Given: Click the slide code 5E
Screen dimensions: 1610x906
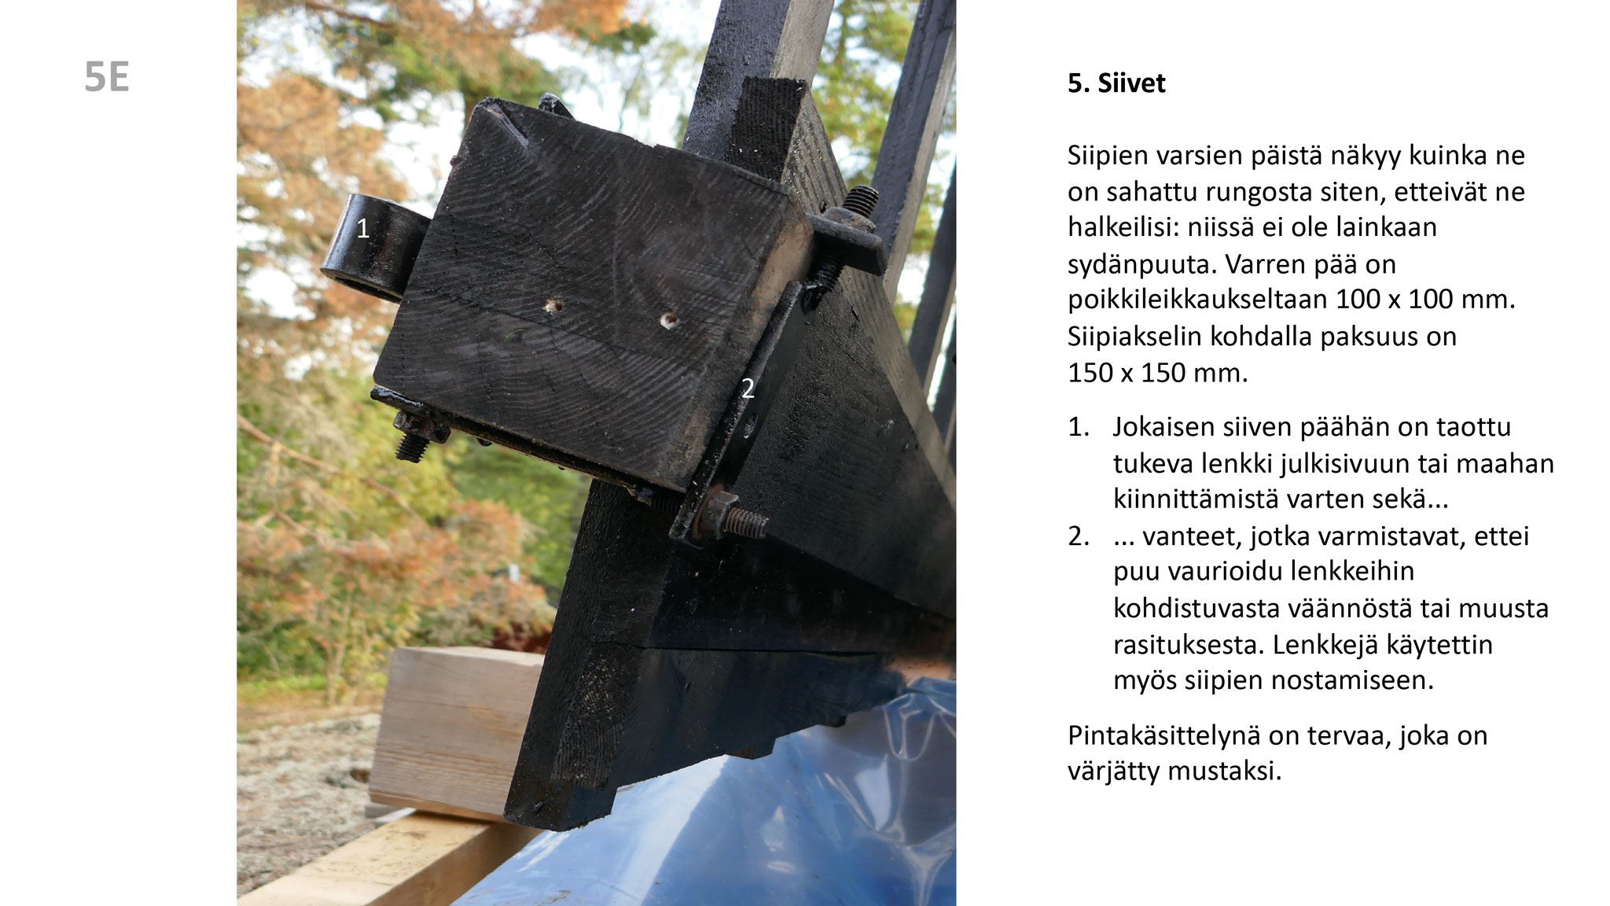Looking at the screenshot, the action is pos(107,79).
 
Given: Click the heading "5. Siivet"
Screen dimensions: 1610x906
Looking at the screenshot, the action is pos(1116,83).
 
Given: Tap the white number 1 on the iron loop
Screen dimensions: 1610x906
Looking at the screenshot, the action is pos(362,229).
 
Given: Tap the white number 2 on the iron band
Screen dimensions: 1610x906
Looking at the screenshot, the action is pos(748,388).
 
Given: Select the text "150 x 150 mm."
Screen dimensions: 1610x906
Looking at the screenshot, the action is pos(1157,373).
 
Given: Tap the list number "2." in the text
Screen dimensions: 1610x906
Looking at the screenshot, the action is pos(1079,536).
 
